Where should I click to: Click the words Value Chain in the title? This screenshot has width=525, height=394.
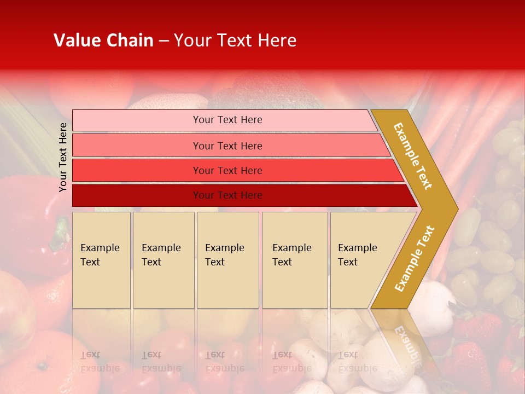point(103,40)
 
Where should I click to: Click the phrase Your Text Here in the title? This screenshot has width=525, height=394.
point(235,40)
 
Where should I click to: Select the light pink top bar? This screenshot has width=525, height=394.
point(137,120)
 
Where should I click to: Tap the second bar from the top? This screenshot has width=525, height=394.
point(137,146)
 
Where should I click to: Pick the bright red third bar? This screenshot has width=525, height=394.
point(137,171)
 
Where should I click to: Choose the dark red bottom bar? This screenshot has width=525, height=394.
point(137,195)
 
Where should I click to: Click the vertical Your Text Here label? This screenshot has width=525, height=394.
point(63,157)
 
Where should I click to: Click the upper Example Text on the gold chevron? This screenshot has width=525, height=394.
point(413,156)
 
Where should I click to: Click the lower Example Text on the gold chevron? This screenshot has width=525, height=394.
point(415,258)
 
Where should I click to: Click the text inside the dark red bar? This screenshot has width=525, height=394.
point(227,195)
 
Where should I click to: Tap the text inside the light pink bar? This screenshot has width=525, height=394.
point(227,120)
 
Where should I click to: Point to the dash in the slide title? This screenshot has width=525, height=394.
point(164,41)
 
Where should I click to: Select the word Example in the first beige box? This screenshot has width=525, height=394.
point(100,248)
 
